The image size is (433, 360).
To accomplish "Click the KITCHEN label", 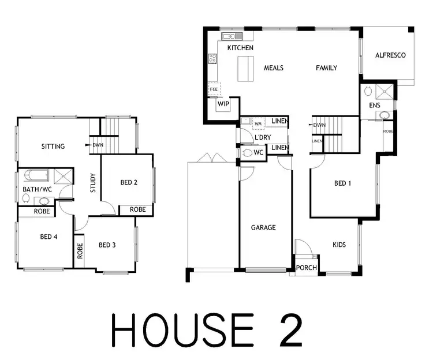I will pos(241,48).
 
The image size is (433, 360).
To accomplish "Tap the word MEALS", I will pos(274,68).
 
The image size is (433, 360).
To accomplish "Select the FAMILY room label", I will pos(326,68).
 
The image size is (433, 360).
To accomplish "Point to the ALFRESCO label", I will pos(390,55).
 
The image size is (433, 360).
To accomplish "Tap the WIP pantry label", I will pos(223,104).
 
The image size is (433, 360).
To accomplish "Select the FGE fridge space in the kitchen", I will pos(214,89).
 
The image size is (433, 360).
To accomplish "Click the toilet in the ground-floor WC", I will pos(248,153).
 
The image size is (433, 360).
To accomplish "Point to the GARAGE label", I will pos(263,227).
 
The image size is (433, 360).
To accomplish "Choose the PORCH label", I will pos(306,268).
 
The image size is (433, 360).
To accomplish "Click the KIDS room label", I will pos(339,245).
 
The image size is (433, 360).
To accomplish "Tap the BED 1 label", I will pos(342,183).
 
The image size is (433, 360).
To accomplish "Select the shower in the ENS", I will pos(382,92).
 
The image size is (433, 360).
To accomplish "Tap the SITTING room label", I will pos(53,147).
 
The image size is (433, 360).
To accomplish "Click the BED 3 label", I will pos(107,245).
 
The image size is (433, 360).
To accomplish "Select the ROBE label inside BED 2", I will pos(137,209).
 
